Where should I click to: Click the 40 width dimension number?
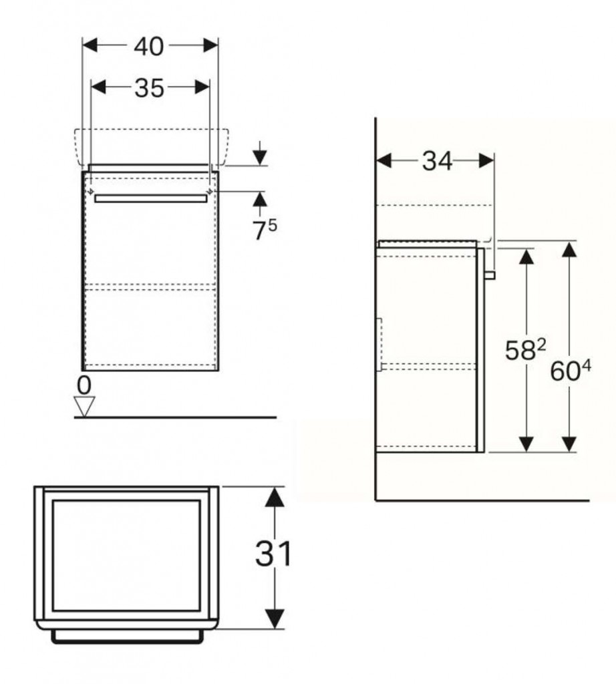(149, 46)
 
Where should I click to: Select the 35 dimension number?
(149, 88)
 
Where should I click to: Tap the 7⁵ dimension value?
(265, 230)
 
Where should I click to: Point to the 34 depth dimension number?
(437, 161)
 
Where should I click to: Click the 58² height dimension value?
(525, 350)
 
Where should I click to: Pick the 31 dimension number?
(273, 554)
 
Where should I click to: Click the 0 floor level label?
(84, 385)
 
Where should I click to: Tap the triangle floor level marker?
(85, 406)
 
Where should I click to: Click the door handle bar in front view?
(151, 199)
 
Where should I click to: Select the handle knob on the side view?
(490, 275)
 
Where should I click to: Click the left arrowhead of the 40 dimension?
(90, 45)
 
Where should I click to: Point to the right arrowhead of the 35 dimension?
(202, 87)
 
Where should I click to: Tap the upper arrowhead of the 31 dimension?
(275, 497)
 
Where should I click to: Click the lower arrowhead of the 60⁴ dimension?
(569, 444)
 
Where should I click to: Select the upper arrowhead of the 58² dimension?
(527, 256)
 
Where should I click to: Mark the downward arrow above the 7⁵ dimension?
(260, 153)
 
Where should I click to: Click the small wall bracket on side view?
(379, 345)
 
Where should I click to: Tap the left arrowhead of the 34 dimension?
(383, 160)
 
